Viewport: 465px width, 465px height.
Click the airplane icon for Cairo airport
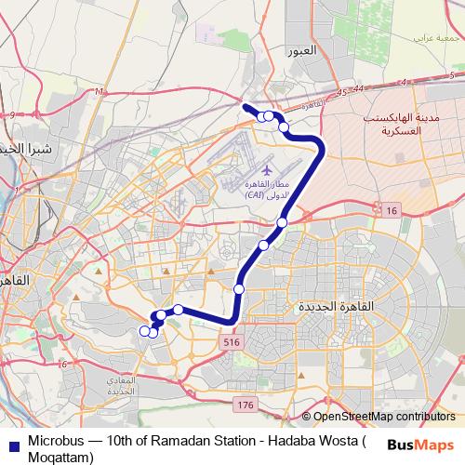coord(268,171)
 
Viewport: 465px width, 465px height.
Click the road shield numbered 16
coord(392,213)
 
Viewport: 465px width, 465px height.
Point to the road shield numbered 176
coord(245,405)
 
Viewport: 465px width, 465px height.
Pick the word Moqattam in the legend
coord(60,457)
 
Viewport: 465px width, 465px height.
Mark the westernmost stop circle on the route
coord(144,330)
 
